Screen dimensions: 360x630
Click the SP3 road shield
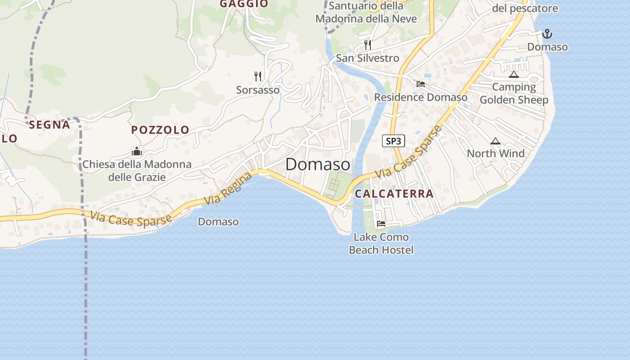pos(393,141)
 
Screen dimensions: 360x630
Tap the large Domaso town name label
pos(318,164)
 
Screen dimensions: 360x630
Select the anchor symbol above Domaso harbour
pos(547,34)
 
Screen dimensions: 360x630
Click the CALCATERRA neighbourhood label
pos(394,194)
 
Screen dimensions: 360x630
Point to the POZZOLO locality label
pos(160,130)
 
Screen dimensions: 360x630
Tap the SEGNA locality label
pos(49,125)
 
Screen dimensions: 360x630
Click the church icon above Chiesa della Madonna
pos(137,151)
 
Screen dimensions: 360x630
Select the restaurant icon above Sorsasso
pos(258,76)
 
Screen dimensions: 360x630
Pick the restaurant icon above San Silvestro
pos(368,45)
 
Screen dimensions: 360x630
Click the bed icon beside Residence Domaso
pos(421,84)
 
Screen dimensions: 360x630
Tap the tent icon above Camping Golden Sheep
pos(514,74)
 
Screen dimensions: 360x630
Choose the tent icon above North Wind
pos(495,141)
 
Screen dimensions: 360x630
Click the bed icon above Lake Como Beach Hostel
pos(381,223)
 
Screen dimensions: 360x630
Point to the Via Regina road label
pos(228,189)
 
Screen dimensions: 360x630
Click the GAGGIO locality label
pos(244,4)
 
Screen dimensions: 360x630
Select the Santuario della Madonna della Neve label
pos(366,13)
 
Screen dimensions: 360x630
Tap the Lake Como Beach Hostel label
pos(381,243)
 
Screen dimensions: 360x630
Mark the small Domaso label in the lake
pos(218,222)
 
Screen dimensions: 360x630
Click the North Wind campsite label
pos(495,153)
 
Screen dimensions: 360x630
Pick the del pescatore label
pos(525,8)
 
